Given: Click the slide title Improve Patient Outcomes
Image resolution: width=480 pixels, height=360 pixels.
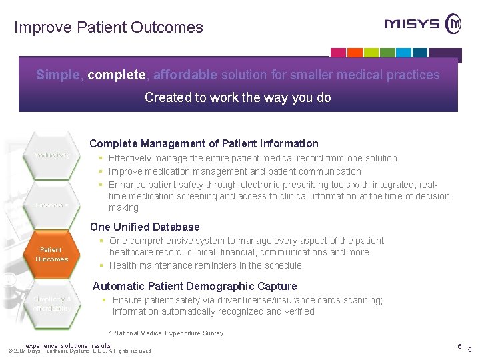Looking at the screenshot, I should coord(109,27).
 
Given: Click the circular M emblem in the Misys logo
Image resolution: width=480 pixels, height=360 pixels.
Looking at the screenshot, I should coord(453,24).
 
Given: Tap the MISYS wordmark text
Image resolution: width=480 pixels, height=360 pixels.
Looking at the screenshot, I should coord(412,25).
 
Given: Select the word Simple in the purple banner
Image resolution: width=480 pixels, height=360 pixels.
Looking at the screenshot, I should coord(57,75).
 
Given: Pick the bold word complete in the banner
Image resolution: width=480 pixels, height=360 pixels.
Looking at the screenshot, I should coord(115,75).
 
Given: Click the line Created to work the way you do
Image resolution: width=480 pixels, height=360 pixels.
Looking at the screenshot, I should coord(238,97).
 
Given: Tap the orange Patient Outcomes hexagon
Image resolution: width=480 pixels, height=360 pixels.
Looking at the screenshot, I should coord(51,254).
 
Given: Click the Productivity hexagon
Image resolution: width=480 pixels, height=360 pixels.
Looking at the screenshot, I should coord(51,155).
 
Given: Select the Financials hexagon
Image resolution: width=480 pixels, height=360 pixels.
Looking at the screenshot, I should coord(51,205).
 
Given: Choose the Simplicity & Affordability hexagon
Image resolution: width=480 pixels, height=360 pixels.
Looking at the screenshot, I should coord(51,304).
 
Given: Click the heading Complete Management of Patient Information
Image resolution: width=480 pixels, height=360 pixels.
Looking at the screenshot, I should coord(204,143).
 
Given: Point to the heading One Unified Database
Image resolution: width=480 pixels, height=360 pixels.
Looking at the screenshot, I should coord(145,227).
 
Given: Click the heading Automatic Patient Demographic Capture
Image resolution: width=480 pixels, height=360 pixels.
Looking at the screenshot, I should coord(195,286).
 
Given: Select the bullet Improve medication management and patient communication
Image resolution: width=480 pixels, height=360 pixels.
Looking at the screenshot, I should coord(235,171).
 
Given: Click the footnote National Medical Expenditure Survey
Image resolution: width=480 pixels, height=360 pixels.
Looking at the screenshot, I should coord(166,333).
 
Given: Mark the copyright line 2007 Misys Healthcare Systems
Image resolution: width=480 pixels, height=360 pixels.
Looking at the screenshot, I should coord(80,351).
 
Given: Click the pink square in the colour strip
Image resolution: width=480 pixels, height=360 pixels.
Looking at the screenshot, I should coord(339,53).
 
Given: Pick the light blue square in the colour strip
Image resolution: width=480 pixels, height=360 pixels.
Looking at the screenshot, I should coord(420,53).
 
